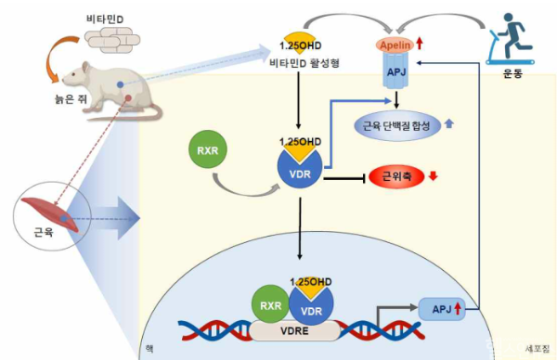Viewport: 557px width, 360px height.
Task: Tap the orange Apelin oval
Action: point(396,45)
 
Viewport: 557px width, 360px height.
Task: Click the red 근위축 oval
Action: point(393,175)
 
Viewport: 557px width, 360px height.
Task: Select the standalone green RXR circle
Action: point(208,152)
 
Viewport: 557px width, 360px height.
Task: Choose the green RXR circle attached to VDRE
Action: point(269,302)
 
